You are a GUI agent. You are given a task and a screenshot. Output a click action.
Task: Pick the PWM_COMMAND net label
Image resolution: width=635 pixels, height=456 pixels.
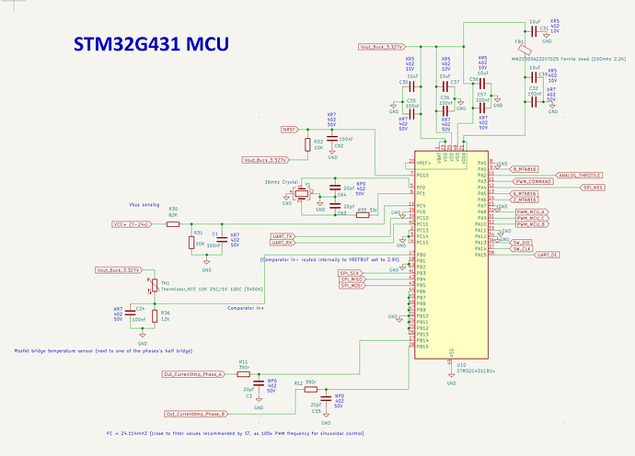(535, 181)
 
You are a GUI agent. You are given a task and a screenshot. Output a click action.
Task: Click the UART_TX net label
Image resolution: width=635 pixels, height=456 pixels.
(283, 235)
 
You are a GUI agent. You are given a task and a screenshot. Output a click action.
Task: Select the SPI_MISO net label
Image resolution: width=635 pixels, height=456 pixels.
(352, 279)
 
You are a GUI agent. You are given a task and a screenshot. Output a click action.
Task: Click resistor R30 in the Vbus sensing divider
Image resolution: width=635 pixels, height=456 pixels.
(173, 222)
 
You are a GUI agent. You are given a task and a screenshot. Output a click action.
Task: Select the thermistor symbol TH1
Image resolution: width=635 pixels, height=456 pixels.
(154, 283)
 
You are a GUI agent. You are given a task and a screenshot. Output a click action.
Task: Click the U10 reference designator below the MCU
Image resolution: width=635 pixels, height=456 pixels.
(460, 364)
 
